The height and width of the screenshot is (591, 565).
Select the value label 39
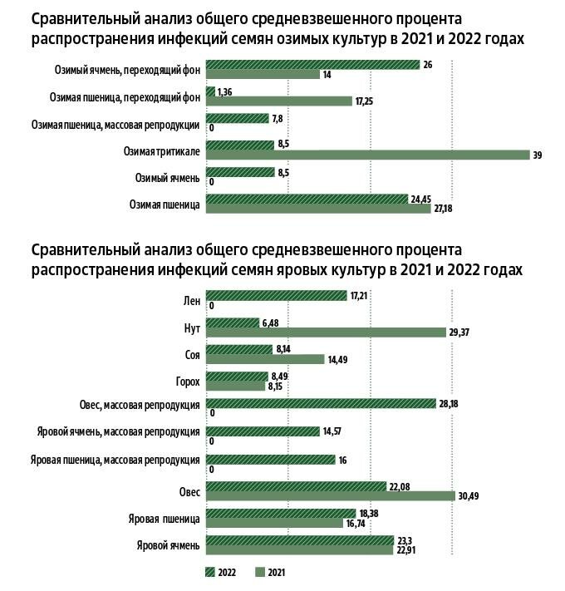click(538, 155)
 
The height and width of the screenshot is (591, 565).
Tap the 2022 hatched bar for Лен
click(276, 295)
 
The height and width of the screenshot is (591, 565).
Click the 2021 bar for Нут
click(325, 332)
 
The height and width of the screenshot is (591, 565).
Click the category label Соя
click(192, 354)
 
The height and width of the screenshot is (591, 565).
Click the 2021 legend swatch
click(258, 572)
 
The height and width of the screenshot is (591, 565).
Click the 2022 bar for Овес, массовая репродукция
click(321, 404)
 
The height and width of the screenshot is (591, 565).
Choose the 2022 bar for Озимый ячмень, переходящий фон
click(312, 64)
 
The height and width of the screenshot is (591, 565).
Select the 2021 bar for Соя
click(265, 359)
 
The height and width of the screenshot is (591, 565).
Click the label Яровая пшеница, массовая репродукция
click(115, 460)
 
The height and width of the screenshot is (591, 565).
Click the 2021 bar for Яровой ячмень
click(298, 549)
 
